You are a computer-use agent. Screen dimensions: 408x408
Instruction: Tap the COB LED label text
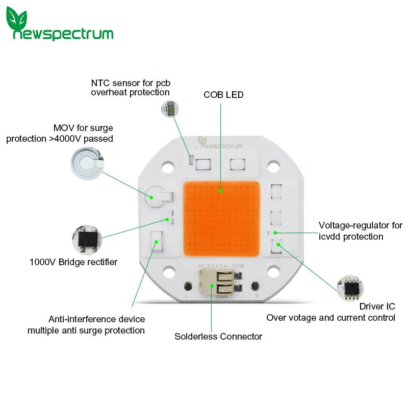pyautogui.click(x=223, y=95)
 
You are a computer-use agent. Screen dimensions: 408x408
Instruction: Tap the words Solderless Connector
pyautogui.click(x=218, y=337)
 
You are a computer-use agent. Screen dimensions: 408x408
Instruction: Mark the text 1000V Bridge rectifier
pyautogui.click(x=73, y=262)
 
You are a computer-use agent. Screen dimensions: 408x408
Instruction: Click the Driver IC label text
pyautogui.click(x=377, y=307)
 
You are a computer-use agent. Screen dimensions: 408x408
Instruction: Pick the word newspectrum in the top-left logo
pyautogui.click(x=64, y=34)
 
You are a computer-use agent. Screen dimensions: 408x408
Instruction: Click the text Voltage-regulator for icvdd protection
pyautogui.click(x=360, y=231)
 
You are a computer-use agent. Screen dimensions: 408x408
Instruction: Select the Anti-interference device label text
pyautogui.click(x=96, y=319)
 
